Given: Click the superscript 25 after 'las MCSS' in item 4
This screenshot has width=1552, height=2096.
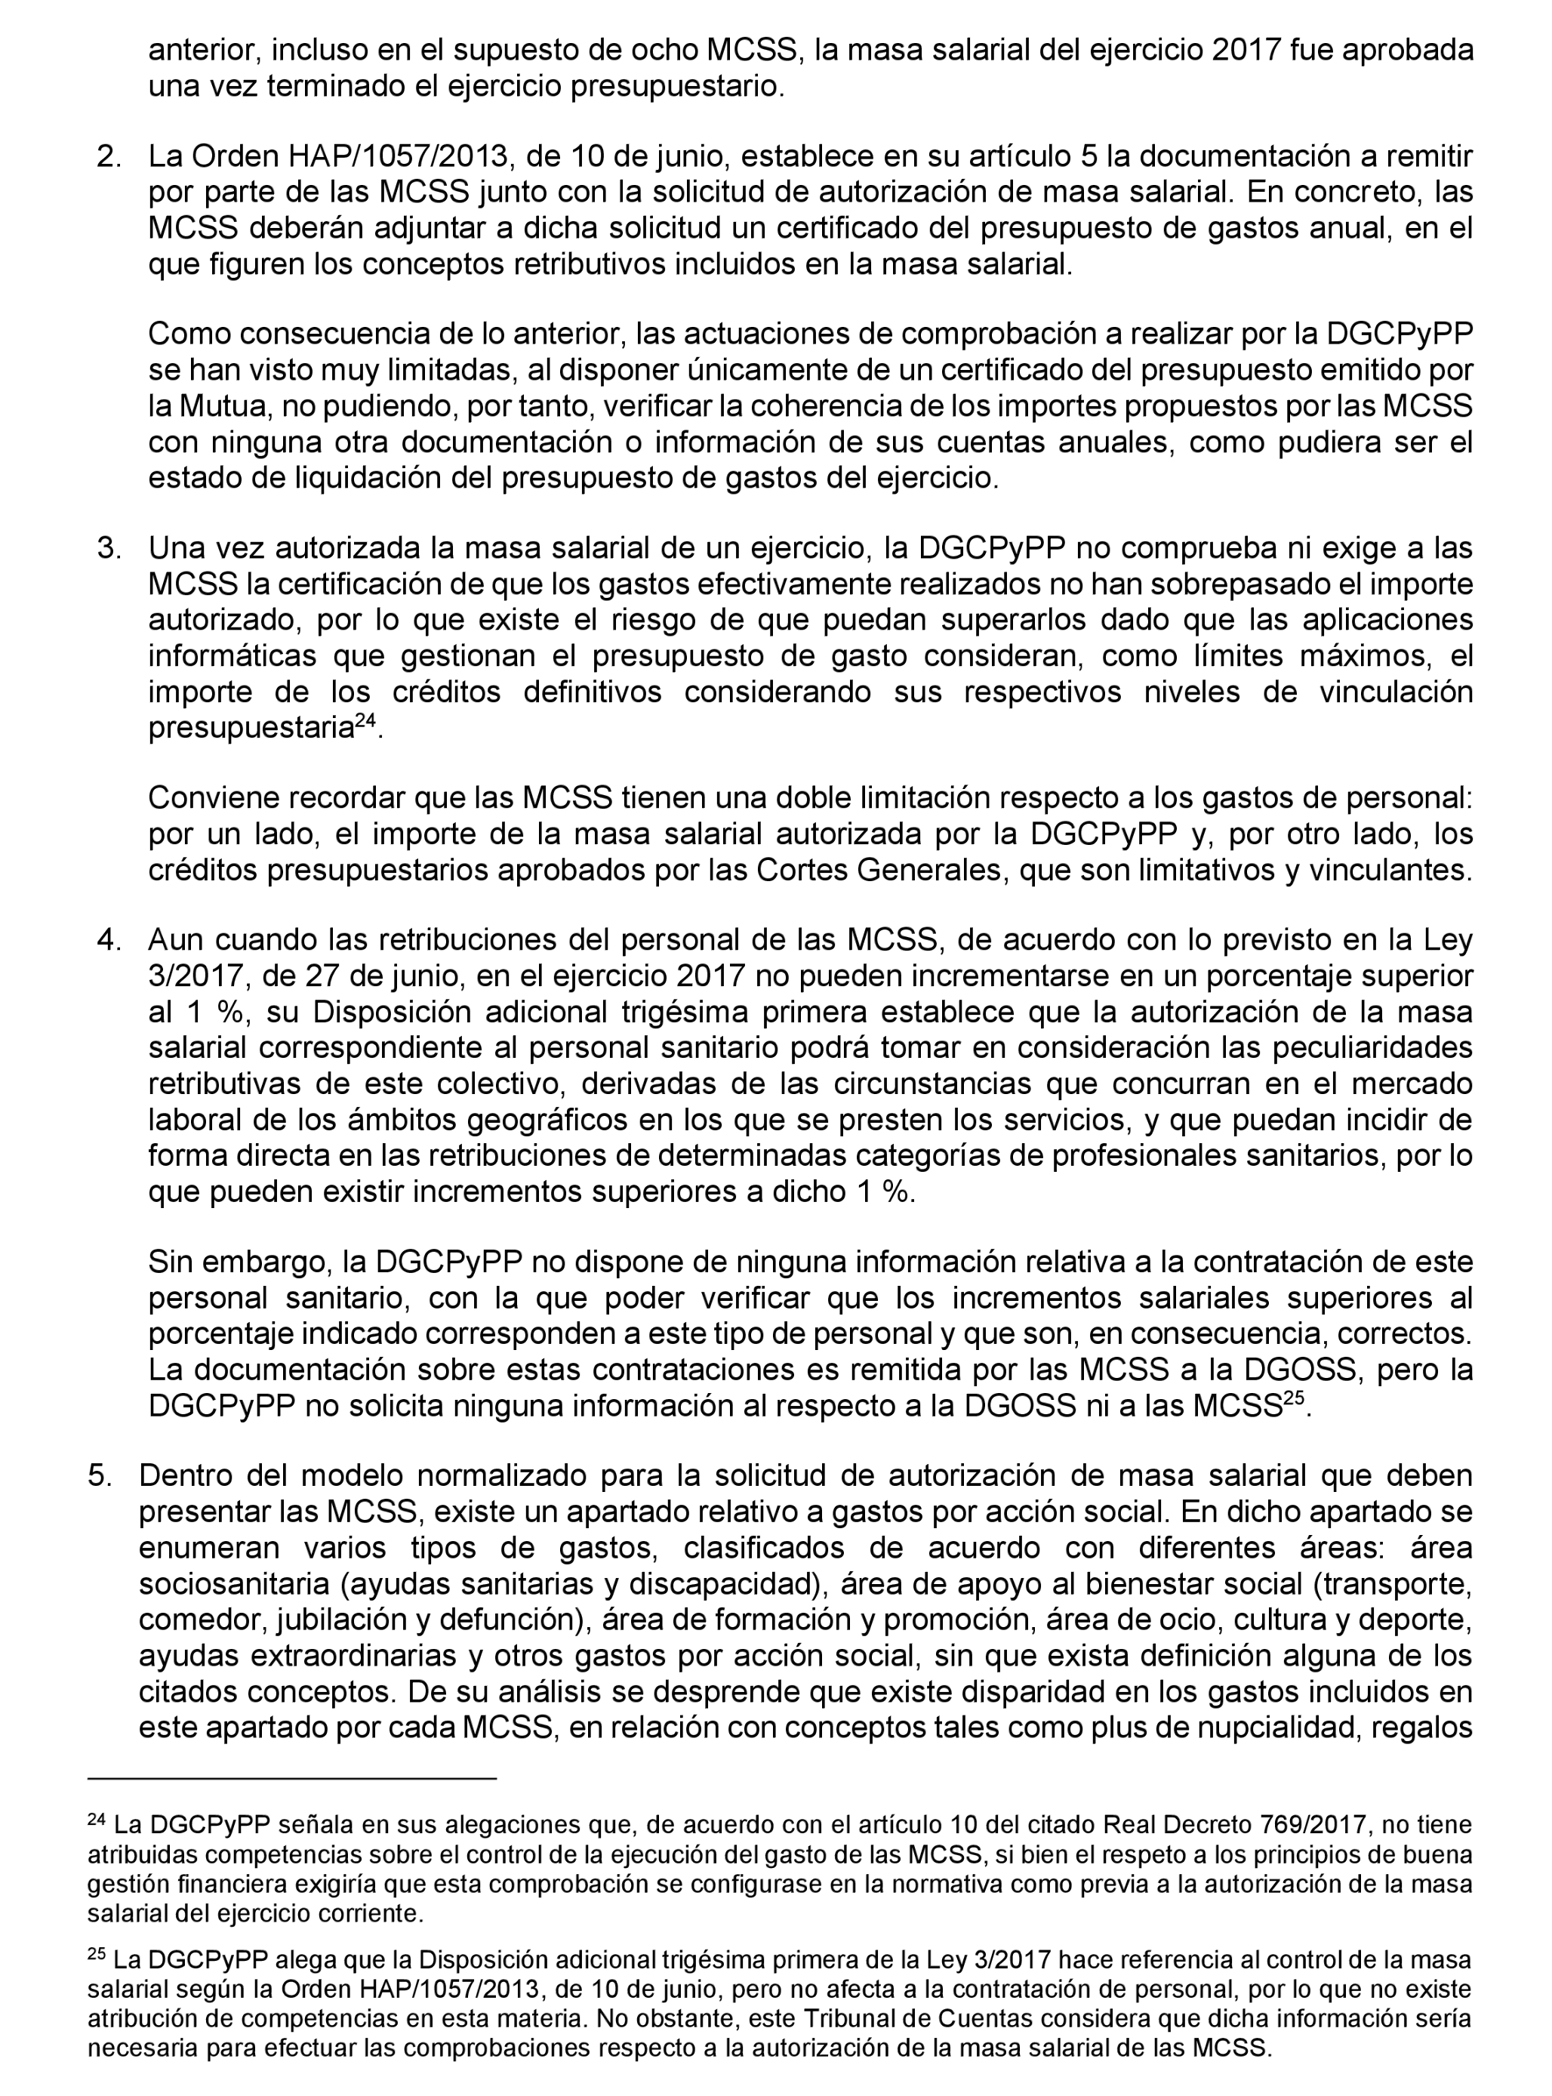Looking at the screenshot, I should click(x=1295, y=1400).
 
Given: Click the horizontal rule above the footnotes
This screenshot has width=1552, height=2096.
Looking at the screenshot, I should click(x=291, y=1778).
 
